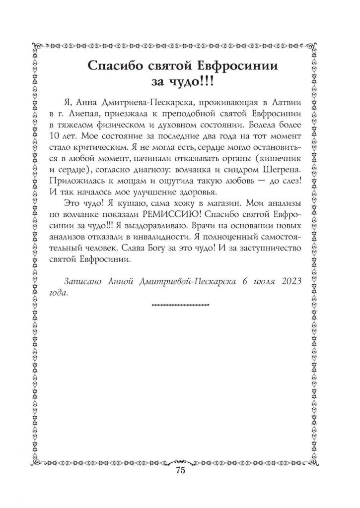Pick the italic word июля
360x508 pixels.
point(257,281)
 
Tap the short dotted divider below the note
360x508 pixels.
point(179,304)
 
